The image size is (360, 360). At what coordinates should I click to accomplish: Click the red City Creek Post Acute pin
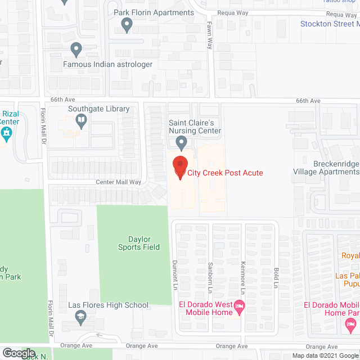(179, 166)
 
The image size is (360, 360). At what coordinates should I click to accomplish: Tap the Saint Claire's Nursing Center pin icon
(181, 142)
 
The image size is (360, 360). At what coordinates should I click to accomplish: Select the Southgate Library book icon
(82, 119)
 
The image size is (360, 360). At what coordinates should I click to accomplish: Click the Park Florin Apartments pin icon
(127, 24)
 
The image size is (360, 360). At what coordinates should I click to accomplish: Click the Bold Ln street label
(276, 277)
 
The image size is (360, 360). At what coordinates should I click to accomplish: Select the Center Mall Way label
(118, 182)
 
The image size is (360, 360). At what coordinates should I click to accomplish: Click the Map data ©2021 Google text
(324, 355)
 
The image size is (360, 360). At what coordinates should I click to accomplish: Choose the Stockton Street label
(330, 24)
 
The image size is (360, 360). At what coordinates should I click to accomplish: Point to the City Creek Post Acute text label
(226, 173)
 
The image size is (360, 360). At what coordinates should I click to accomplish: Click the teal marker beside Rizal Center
(7, 134)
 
